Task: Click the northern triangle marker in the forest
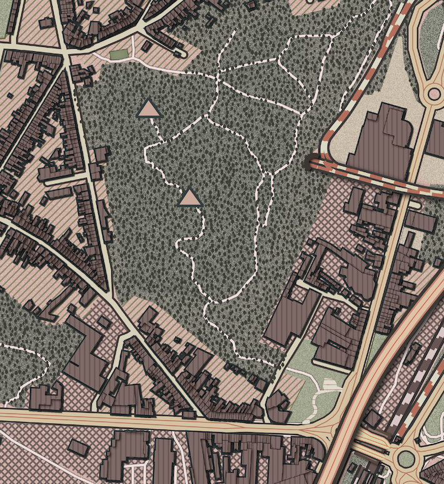148,109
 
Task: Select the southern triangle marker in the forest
190,198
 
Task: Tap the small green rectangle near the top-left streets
118,55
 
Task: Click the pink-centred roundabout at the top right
433,94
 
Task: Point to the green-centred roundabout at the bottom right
406,459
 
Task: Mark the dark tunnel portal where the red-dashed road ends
311,163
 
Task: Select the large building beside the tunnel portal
381,141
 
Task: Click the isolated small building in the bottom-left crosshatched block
78,447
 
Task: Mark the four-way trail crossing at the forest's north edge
218,78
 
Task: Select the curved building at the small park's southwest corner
280,407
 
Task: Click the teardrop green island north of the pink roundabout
431,38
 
